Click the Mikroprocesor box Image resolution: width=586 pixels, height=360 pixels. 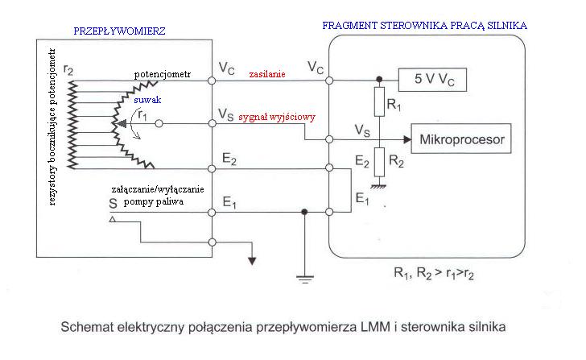(460, 140)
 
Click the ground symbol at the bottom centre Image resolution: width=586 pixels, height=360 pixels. (304, 279)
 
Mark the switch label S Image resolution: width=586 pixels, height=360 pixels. (113, 205)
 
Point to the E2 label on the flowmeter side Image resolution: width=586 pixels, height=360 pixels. (228, 159)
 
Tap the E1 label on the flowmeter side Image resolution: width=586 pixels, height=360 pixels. (228, 203)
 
